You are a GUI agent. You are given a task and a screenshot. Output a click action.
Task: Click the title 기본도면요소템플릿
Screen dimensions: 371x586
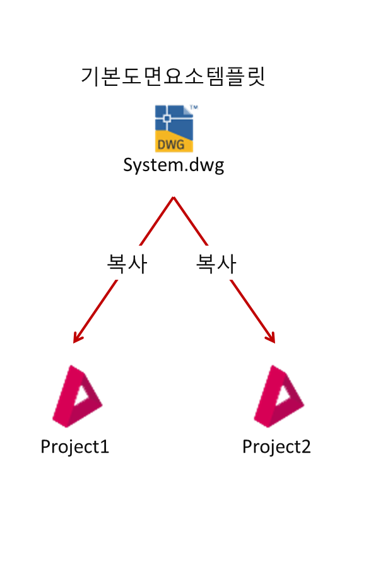tap(173, 76)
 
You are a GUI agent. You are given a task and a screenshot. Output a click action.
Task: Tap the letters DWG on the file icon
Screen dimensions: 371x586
tap(171, 144)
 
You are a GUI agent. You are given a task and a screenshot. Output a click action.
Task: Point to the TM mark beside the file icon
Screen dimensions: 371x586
tap(194, 107)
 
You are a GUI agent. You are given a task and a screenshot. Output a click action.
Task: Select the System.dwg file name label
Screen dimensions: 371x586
tap(174, 165)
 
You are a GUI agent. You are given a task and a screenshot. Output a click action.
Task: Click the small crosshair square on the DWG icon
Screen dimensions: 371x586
tap(167, 119)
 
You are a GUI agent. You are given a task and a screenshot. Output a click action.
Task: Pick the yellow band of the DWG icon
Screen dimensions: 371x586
tap(174, 141)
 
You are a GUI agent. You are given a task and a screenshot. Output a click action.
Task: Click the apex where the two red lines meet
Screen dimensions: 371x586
tap(174, 197)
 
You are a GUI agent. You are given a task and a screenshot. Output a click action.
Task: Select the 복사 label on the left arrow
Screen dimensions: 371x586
tap(127, 263)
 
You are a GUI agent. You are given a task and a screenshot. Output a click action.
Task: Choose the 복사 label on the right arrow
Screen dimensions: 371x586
tap(216, 263)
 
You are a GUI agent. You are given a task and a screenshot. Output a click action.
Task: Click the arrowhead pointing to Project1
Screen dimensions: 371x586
tap(77, 337)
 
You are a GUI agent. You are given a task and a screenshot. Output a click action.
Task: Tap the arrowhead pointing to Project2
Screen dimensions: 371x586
tap(271, 337)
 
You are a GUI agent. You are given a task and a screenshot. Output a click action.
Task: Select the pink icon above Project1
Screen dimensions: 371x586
tap(77, 396)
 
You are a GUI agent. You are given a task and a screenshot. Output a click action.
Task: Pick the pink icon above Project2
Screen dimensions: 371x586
tap(279, 396)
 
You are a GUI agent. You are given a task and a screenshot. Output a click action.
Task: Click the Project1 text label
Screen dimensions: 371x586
tap(74, 447)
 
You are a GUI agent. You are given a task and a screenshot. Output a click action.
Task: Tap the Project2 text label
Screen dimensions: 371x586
tap(276, 447)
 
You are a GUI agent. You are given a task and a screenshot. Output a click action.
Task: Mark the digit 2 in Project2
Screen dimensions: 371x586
tap(306, 446)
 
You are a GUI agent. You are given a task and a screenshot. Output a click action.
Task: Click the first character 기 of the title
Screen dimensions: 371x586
tap(90, 76)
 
